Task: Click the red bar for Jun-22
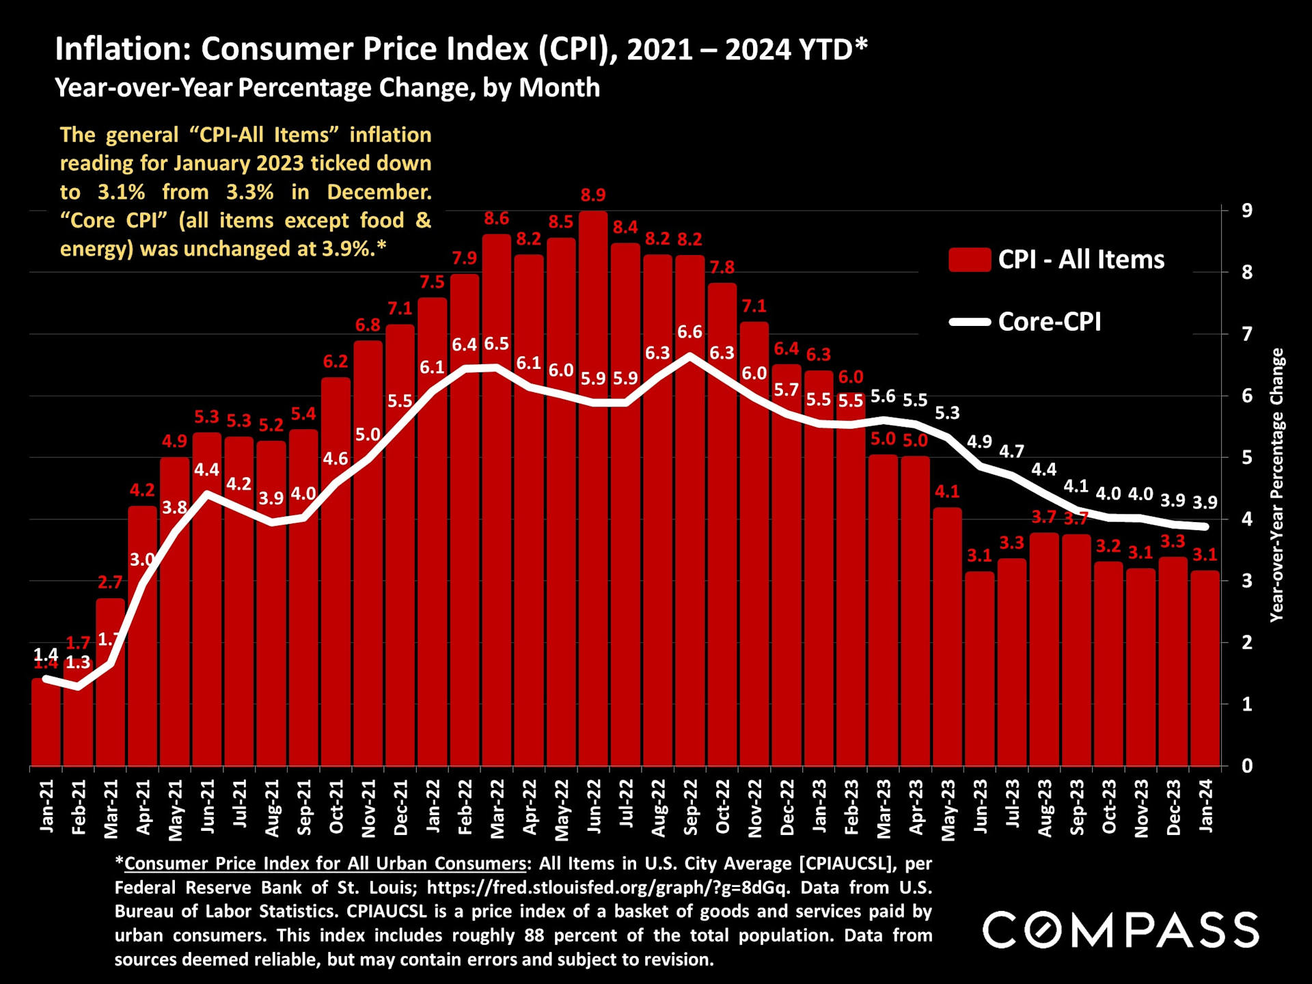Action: [x=593, y=492]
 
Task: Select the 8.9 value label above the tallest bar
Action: [x=593, y=195]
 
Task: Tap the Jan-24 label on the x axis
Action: [x=1206, y=806]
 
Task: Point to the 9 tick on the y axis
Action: [x=1247, y=210]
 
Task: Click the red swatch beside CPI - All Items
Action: [x=970, y=260]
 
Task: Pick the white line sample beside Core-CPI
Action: [x=970, y=322]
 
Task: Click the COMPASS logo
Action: [x=1121, y=930]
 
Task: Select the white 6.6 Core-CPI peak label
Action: [x=689, y=332]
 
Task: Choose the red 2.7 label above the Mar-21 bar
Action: [x=110, y=582]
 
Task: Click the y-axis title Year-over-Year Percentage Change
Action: [x=1276, y=485]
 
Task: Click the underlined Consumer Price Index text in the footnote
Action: [x=325, y=864]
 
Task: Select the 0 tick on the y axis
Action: [x=1247, y=766]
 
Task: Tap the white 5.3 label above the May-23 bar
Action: [x=947, y=413]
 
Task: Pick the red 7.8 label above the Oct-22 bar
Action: [x=722, y=267]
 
